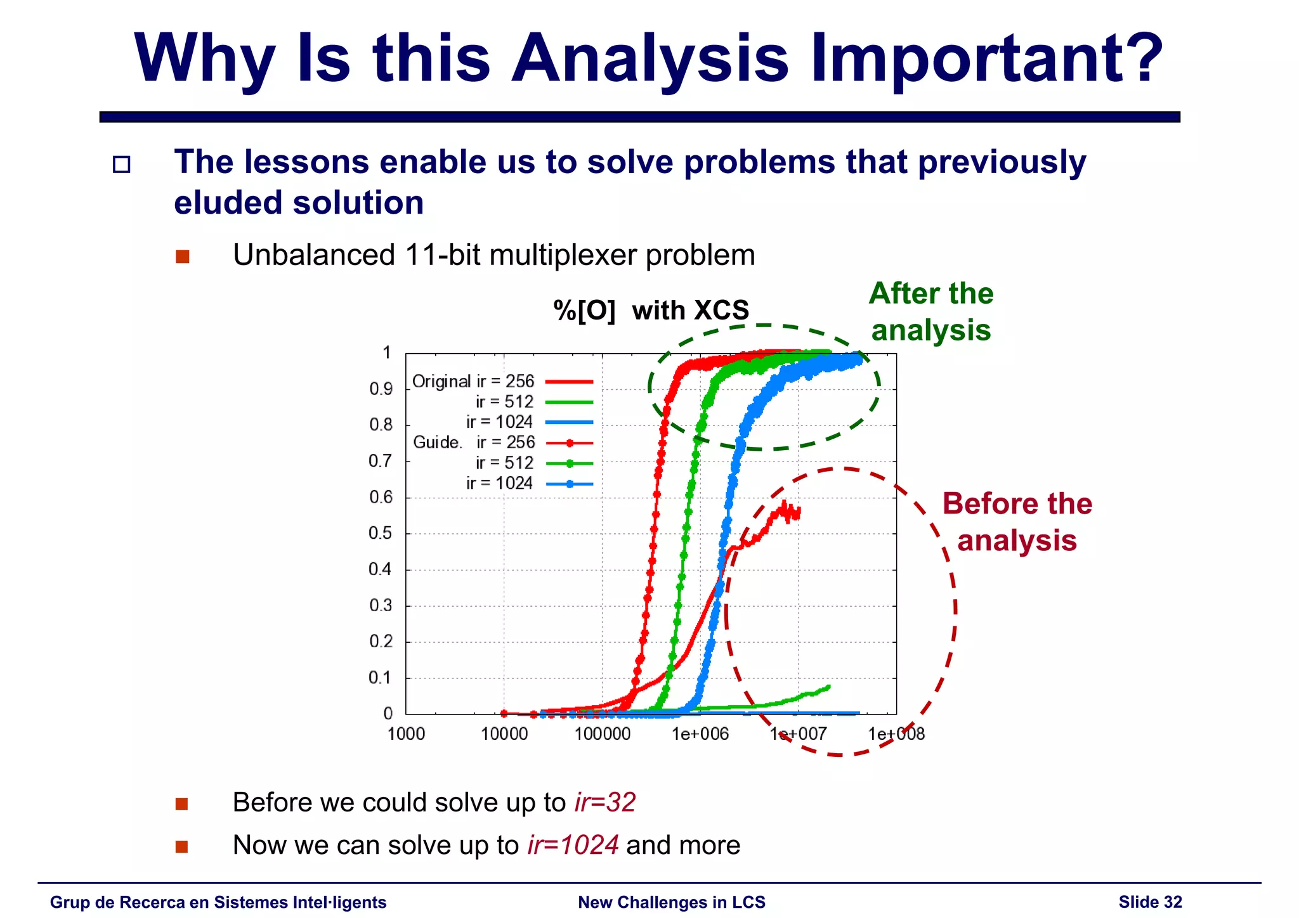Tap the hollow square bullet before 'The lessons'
coord(121,165)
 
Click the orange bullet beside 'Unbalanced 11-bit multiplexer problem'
coord(183,256)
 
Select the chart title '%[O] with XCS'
coord(651,311)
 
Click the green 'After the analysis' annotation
coord(930,311)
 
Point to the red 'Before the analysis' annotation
coord(1017,522)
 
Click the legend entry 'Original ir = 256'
coord(473,381)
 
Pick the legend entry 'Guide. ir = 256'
coord(474,443)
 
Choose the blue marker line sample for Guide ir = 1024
coord(570,484)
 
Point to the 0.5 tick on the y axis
coord(381,533)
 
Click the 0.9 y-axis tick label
coord(381,389)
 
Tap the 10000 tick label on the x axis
coord(504,734)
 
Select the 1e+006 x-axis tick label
coord(700,734)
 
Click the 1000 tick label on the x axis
coord(406,734)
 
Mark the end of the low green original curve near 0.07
coord(827,687)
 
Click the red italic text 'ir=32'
coord(605,803)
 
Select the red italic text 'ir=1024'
coord(573,845)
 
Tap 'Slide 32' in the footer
coord(1150,902)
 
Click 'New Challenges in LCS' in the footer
coord(672,902)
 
